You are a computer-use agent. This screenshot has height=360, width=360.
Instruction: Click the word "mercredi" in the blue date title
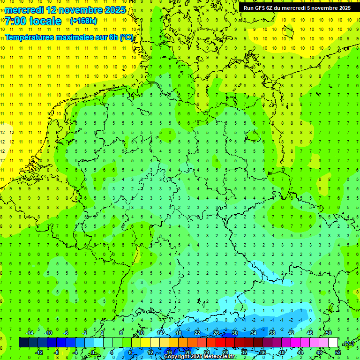coord(24,10)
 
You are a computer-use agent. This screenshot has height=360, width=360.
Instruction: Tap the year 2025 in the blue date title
coord(114,10)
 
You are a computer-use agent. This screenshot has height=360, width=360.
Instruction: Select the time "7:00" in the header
coord(15,21)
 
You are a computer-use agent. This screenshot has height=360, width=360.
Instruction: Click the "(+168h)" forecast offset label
coord(83,21)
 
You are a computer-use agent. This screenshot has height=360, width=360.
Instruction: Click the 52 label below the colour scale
coord(338,352)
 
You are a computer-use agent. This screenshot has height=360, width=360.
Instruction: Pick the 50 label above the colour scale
coord(329,333)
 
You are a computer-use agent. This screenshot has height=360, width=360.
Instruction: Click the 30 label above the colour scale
coord(235,333)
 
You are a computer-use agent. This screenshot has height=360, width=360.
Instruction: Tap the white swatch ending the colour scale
coord(333,343)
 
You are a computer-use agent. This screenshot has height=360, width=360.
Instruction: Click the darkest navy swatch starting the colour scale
coord(23,343)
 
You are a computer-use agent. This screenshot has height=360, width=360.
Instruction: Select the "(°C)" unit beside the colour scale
coord(348,343)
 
